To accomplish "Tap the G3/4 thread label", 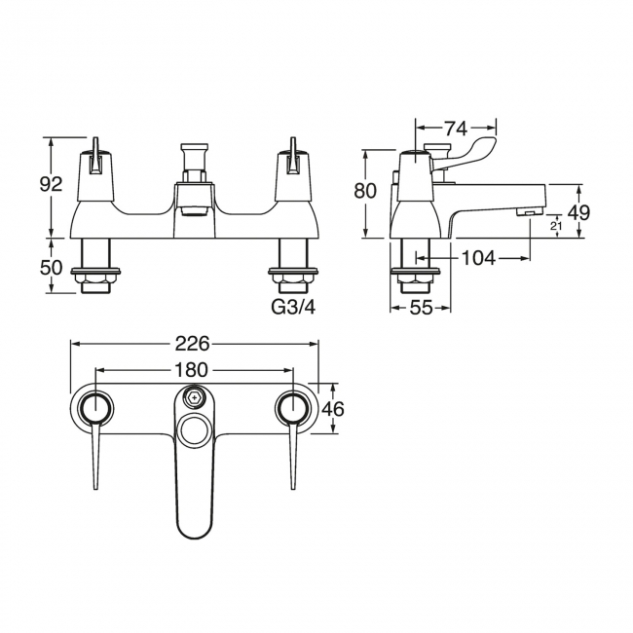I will pos(293,307).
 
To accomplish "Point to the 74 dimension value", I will pos(456,127).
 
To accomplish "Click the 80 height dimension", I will pos(365,192).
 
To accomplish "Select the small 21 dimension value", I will pos(556,227).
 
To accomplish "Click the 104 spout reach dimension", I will pos(478,258).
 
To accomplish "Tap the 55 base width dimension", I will pos(421,309).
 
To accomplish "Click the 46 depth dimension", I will pos(332,409).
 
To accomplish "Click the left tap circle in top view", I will pos(96,408).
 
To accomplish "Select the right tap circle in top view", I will pos(293,408).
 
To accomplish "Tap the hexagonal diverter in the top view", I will pos(195,397).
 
